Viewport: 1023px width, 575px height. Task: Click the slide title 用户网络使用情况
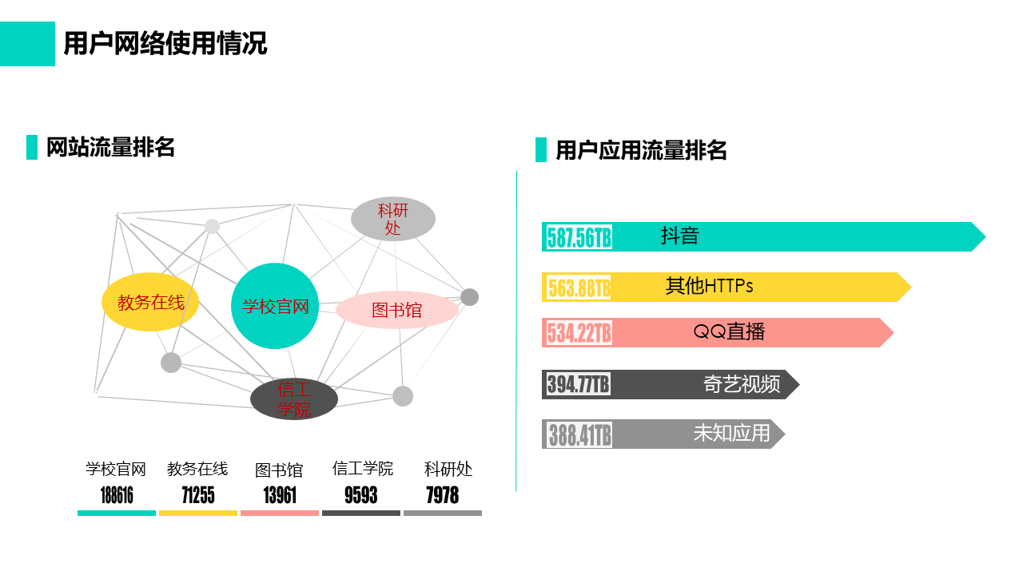165,44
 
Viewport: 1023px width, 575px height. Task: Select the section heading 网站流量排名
110,148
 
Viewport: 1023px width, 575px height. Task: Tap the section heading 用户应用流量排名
641,150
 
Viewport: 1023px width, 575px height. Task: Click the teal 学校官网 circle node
274,306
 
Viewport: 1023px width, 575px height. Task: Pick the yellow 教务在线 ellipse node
150,302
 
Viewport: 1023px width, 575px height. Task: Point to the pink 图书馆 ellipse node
397,310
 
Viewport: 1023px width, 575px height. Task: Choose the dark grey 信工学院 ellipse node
294,399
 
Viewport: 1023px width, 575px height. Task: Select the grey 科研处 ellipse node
392,219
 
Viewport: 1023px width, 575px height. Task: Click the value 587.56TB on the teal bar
579,237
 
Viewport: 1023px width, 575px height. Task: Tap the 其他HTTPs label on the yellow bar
709,286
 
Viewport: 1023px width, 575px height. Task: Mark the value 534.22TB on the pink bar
579,333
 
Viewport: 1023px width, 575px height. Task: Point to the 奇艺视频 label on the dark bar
742,384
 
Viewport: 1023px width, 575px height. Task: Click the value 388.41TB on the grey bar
579,434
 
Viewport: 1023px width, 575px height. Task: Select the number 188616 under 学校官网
117,495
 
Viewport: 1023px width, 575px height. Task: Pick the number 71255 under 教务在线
198,495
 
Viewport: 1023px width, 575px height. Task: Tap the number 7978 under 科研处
443,495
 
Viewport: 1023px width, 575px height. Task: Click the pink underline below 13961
280,514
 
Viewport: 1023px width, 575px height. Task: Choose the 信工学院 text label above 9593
363,469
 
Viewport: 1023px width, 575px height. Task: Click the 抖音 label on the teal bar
680,236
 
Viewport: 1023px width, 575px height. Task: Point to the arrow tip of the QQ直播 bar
894,333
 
